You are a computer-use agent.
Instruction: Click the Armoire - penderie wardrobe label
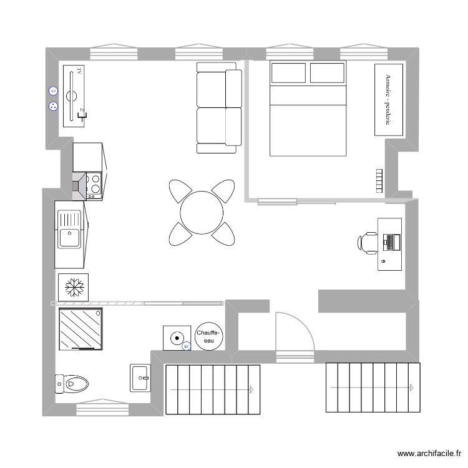[388, 100]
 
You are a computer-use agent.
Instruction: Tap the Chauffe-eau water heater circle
[207, 337]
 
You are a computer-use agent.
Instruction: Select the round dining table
[202, 213]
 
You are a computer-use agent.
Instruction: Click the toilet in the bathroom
[74, 383]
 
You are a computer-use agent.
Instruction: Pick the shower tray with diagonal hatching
[80, 329]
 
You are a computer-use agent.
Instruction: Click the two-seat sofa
[219, 107]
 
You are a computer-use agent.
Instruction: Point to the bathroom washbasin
[141, 378]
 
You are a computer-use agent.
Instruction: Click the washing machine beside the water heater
[176, 338]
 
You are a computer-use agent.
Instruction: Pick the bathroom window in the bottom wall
[103, 409]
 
